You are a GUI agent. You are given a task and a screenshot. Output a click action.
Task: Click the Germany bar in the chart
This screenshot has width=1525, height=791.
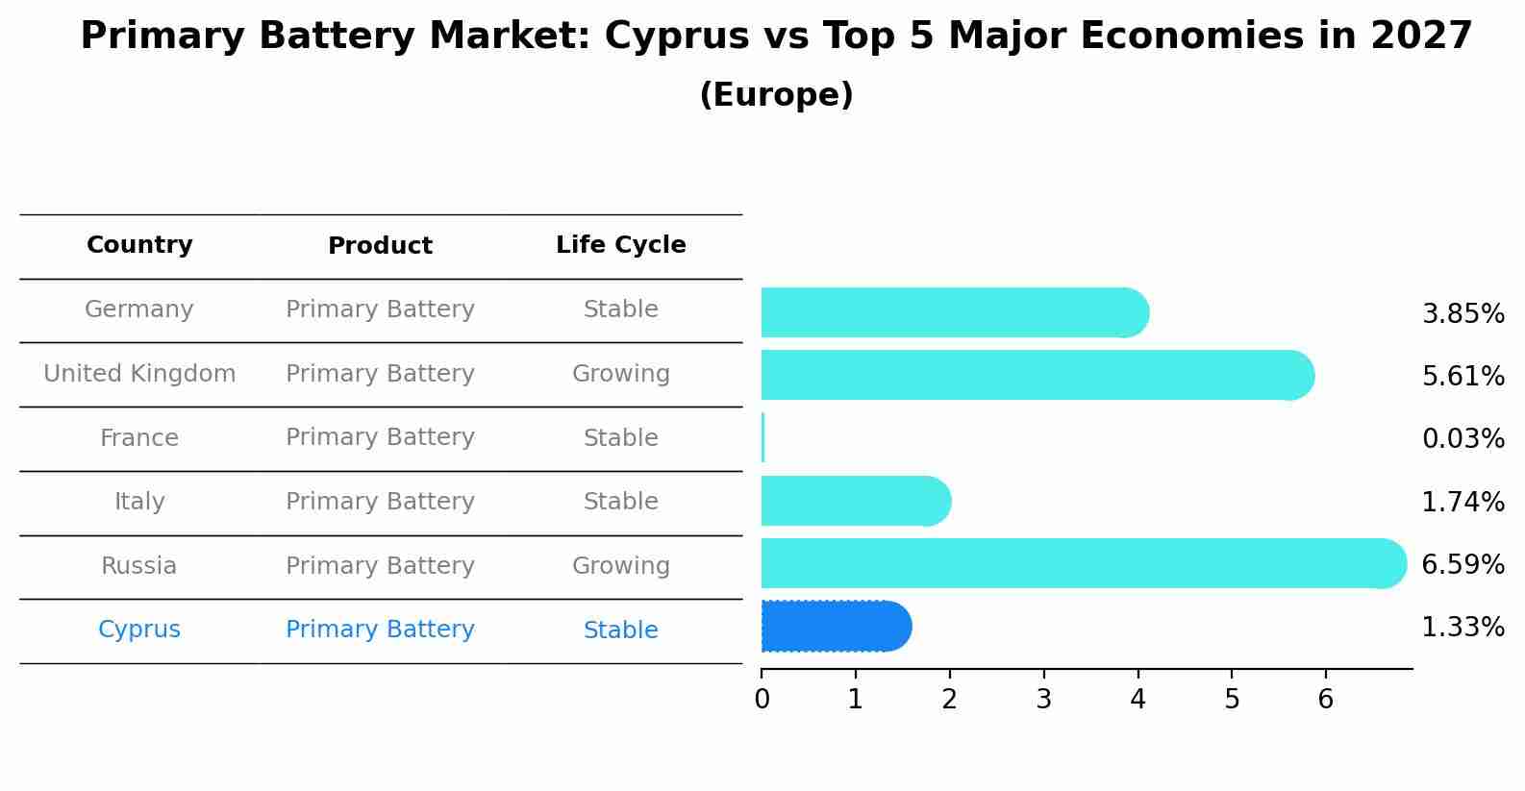click(x=952, y=312)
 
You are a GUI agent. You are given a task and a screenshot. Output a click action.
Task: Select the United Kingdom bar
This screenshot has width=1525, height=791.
click(x=1034, y=375)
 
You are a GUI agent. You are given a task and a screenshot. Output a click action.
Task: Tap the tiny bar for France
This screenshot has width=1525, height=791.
click(x=762, y=438)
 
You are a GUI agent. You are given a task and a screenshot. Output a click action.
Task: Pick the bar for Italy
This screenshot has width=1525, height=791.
click(x=854, y=501)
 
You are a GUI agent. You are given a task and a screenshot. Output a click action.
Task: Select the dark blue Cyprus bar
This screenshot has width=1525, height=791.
click(x=835, y=627)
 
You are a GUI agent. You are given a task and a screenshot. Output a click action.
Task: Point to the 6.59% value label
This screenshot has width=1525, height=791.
click(x=1462, y=564)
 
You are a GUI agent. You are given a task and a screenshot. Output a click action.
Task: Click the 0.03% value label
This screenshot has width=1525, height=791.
click(x=1462, y=439)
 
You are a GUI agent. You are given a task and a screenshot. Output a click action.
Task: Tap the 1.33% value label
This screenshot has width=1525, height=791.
click(x=1462, y=628)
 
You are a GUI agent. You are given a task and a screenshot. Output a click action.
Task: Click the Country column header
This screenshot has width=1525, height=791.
click(x=139, y=245)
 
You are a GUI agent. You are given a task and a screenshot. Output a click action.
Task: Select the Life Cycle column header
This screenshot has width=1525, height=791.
click(x=620, y=245)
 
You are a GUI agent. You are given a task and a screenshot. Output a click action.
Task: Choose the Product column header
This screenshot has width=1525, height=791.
click(x=380, y=246)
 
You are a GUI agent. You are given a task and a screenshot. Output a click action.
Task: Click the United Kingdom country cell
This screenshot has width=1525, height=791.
click(x=139, y=374)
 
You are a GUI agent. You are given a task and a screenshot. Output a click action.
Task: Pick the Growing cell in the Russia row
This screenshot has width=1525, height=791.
click(x=620, y=566)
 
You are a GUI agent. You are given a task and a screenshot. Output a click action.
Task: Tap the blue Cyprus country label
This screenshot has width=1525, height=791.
click(x=139, y=630)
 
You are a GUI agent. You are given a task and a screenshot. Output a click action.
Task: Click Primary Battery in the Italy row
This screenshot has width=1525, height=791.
click(x=380, y=502)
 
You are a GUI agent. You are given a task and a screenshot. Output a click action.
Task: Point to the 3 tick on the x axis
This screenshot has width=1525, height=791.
click(x=1043, y=699)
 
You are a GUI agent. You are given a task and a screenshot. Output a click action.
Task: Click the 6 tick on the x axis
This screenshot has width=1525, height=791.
click(x=1325, y=699)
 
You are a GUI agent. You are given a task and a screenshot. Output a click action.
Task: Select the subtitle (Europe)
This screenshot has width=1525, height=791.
click(x=776, y=95)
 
